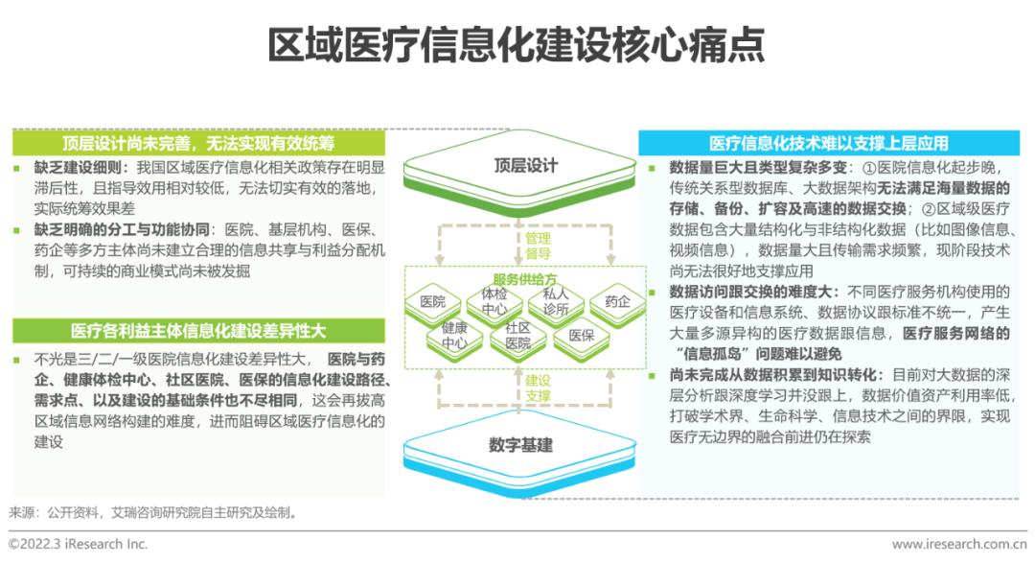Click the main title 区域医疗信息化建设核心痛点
pyautogui.click(x=517, y=45)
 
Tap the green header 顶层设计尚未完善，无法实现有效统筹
pyautogui.click(x=198, y=143)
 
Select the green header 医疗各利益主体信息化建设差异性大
pyautogui.click(x=198, y=330)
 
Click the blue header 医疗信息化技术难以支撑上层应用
pyautogui.click(x=828, y=143)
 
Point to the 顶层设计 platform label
pyautogui.click(x=526, y=165)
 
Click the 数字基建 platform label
pyautogui.click(x=520, y=444)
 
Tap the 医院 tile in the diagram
pyautogui.click(x=433, y=302)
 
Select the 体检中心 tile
pyautogui.click(x=494, y=301)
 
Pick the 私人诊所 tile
pyautogui.click(x=556, y=300)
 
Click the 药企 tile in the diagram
pyautogui.click(x=617, y=302)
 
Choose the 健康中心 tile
pyautogui.click(x=455, y=336)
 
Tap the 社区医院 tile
pyautogui.click(x=518, y=336)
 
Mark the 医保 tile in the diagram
pyautogui.click(x=582, y=336)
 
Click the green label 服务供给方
pyautogui.click(x=525, y=279)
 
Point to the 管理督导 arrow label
pyautogui.click(x=538, y=246)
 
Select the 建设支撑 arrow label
pyautogui.click(x=538, y=388)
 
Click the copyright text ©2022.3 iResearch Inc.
pyautogui.click(x=78, y=544)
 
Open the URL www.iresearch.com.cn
pyautogui.click(x=959, y=544)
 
